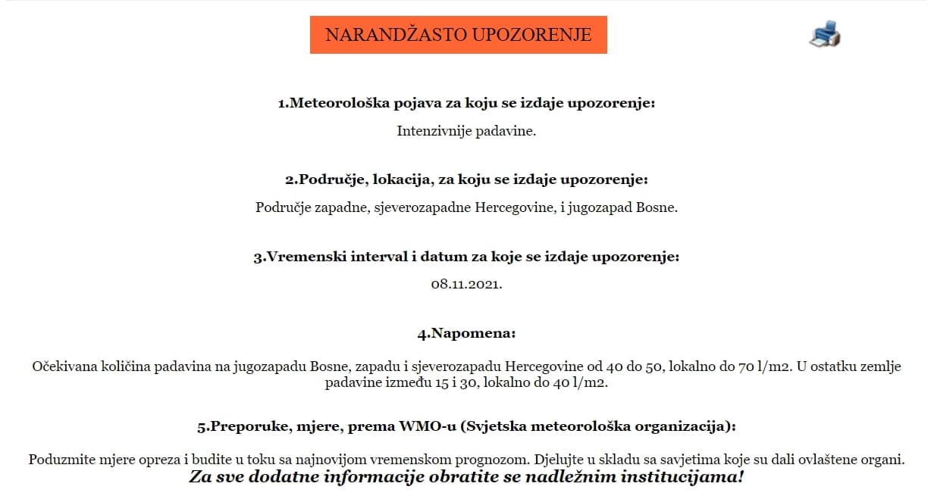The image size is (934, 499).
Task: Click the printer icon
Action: pyautogui.click(x=825, y=35)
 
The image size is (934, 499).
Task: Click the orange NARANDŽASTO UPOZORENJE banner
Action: pyautogui.click(x=458, y=35)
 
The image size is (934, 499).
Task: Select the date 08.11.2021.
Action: pyautogui.click(x=466, y=285)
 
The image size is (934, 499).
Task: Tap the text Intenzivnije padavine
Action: pyautogui.click(x=466, y=131)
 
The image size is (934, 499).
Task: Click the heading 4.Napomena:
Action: pyautogui.click(x=466, y=333)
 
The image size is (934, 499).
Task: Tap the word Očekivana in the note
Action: pyautogui.click(x=64, y=367)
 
